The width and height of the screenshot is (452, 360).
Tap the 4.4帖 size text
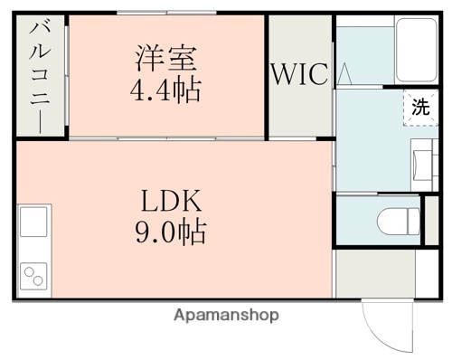coord(166,90)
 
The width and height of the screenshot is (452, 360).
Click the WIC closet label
coord(298,74)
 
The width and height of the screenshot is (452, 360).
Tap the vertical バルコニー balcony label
coord(39,77)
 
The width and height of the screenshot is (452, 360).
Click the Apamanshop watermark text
coord(225,315)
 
